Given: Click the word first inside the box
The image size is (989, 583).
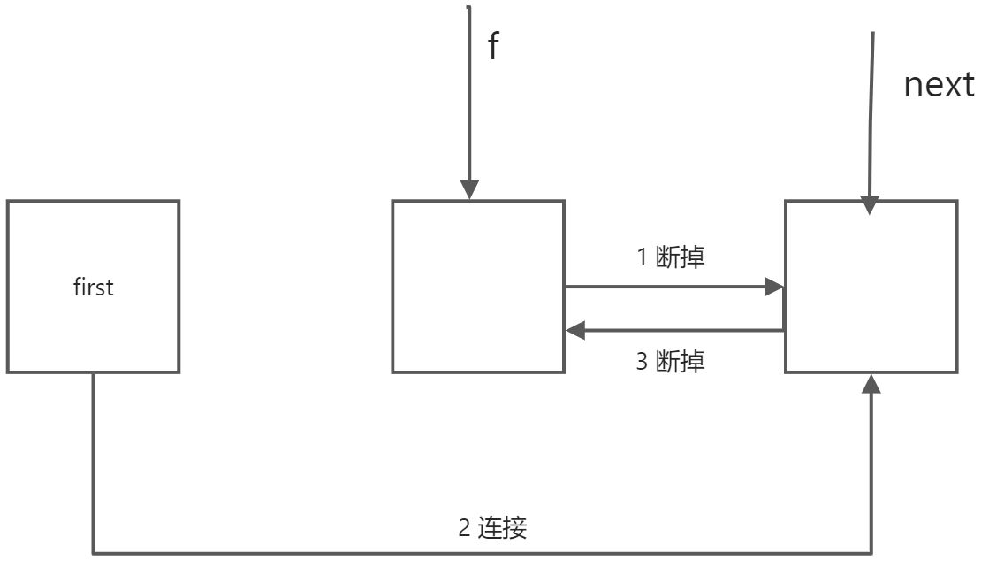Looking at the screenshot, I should point(93,288).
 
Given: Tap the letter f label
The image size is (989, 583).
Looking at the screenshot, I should point(493,46).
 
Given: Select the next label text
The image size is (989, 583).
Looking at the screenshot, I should point(939,86).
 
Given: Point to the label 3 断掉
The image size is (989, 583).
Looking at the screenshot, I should point(671,362).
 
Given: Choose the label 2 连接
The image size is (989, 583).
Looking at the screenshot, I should point(492,528).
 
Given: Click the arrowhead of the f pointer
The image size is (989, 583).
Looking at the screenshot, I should point(470,190).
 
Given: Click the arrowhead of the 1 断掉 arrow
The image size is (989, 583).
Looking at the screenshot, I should point(775,287).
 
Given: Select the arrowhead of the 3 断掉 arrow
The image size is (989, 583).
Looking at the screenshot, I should point(575,331).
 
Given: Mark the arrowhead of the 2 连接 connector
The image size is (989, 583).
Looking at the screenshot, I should point(872,383).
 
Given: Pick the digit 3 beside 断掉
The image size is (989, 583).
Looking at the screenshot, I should point(643,362).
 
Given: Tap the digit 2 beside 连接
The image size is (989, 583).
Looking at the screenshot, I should point(464,528).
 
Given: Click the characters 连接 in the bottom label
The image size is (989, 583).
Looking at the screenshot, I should point(503,528).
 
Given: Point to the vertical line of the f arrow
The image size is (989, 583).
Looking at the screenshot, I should point(469,97).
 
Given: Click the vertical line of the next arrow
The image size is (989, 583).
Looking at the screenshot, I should point(872,115).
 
